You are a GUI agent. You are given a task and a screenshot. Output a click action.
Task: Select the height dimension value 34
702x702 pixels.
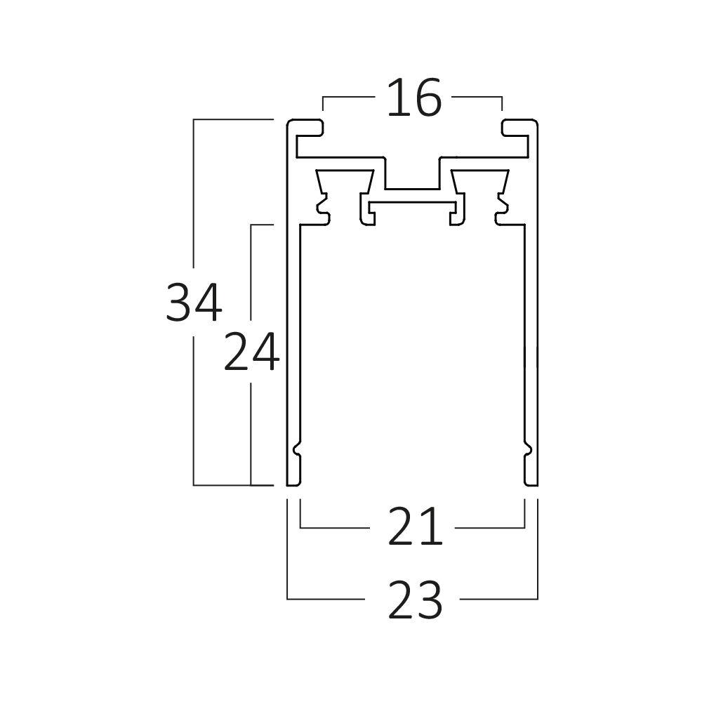(194, 303)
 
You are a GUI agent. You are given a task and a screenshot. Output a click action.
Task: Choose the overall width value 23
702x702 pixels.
(415, 600)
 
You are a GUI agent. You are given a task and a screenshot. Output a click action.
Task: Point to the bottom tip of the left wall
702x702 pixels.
(293, 482)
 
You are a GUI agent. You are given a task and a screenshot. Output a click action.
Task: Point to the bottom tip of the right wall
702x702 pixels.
(531, 482)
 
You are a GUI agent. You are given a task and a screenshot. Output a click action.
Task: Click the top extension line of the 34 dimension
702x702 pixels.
(232, 120)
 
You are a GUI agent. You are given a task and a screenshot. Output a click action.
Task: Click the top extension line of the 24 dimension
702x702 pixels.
(261, 225)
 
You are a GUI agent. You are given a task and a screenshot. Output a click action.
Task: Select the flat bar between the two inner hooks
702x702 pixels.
(413, 203)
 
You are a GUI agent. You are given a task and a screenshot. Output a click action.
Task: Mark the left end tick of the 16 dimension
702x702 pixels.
(323, 104)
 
